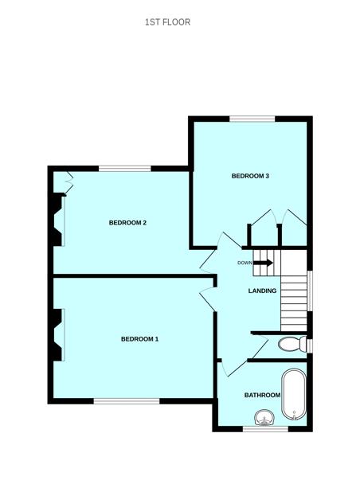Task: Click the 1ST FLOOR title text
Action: (167, 22)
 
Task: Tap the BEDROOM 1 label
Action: (139, 339)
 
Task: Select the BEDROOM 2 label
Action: (127, 223)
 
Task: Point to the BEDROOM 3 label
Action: (250, 176)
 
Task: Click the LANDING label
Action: (262, 291)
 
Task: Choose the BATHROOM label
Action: (262, 396)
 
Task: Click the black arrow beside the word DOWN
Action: (264, 263)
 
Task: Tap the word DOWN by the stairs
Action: (245, 263)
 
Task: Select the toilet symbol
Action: (293, 345)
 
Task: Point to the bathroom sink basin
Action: (264, 417)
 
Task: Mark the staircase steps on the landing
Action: (293, 300)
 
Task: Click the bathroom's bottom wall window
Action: (264, 429)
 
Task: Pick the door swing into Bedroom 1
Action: (207, 298)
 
